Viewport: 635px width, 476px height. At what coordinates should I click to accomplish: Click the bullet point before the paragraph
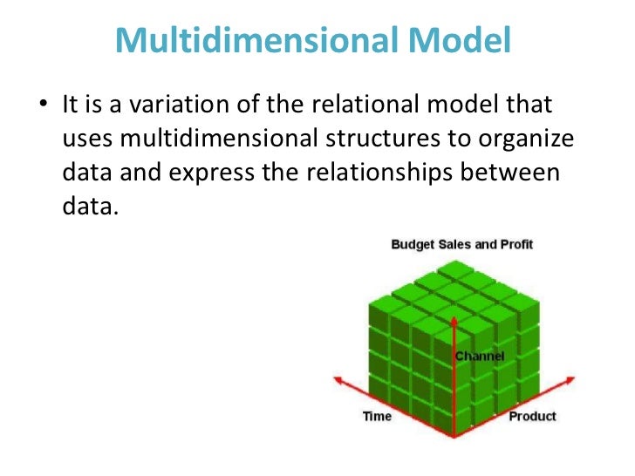pyautogui.click(x=44, y=105)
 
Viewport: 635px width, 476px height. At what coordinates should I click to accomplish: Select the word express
pyautogui.click(x=222, y=173)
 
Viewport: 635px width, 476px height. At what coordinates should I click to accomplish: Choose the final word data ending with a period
pyautogui.click(x=89, y=207)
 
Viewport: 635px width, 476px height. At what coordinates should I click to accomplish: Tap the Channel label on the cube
pyautogui.click(x=480, y=357)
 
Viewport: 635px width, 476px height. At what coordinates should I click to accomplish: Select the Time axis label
pyautogui.click(x=377, y=416)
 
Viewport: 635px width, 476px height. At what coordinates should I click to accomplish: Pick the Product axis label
pyautogui.click(x=532, y=416)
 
